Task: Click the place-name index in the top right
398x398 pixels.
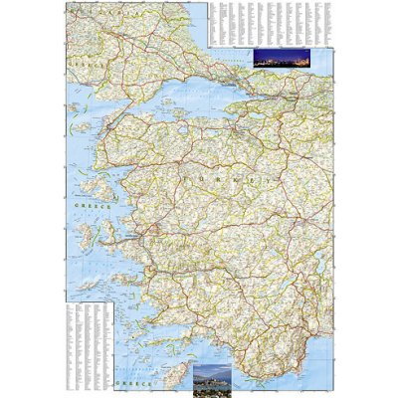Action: click(269, 22)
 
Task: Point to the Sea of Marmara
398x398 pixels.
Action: click(199, 104)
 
